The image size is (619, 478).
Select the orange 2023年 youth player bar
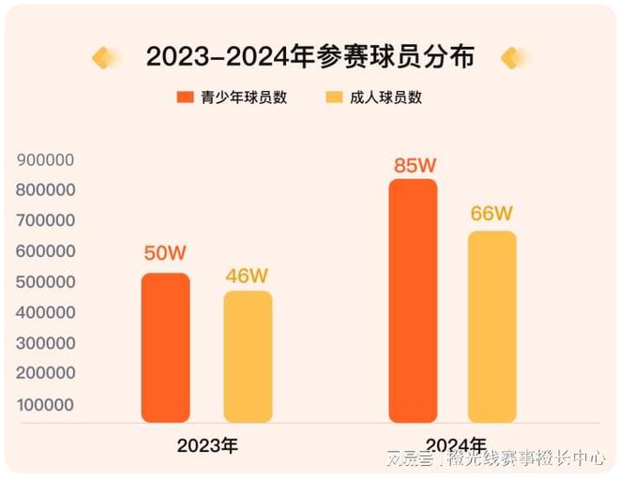[x=165, y=348]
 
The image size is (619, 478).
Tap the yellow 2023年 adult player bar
[x=248, y=357]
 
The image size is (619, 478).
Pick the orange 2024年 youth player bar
[x=413, y=301]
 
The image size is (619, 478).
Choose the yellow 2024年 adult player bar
[x=492, y=327]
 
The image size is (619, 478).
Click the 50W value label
[x=166, y=254]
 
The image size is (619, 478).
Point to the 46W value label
[x=248, y=276]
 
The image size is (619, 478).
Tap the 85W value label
[x=415, y=165]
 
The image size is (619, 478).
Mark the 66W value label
[x=492, y=214]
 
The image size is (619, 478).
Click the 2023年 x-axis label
[x=207, y=445]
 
